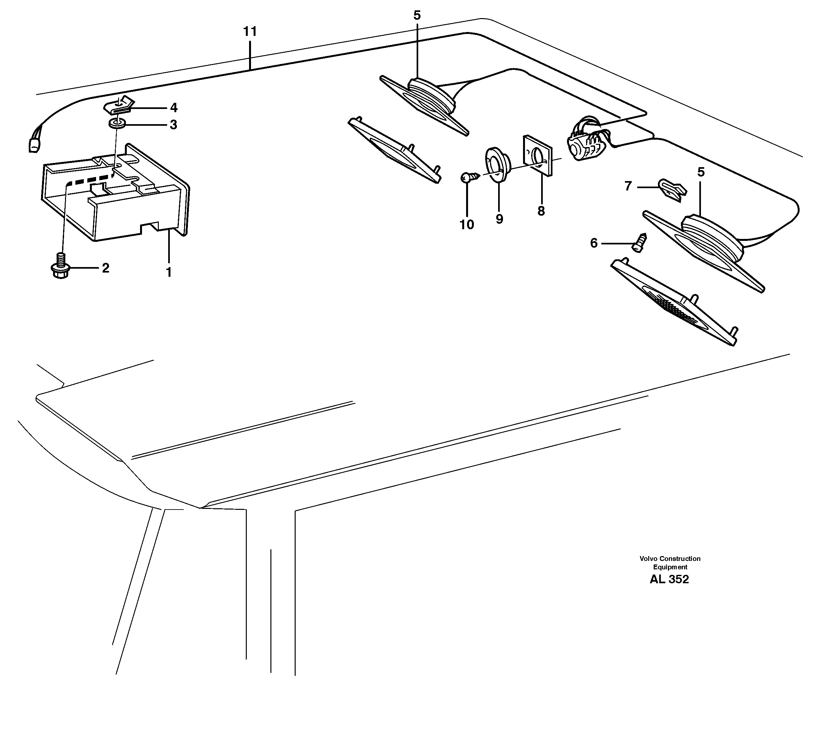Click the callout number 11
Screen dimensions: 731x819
click(x=250, y=31)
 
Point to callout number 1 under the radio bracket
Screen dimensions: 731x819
click(x=169, y=272)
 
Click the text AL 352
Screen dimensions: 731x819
click(x=669, y=579)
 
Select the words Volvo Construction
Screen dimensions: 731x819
click(x=670, y=558)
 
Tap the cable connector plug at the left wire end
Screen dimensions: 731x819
click(x=33, y=145)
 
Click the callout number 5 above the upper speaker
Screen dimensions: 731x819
click(x=417, y=16)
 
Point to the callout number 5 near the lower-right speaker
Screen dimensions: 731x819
click(x=701, y=172)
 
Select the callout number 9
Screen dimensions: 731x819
click(x=499, y=219)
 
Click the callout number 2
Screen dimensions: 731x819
click(x=106, y=268)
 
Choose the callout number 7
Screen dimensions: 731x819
click(x=628, y=186)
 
